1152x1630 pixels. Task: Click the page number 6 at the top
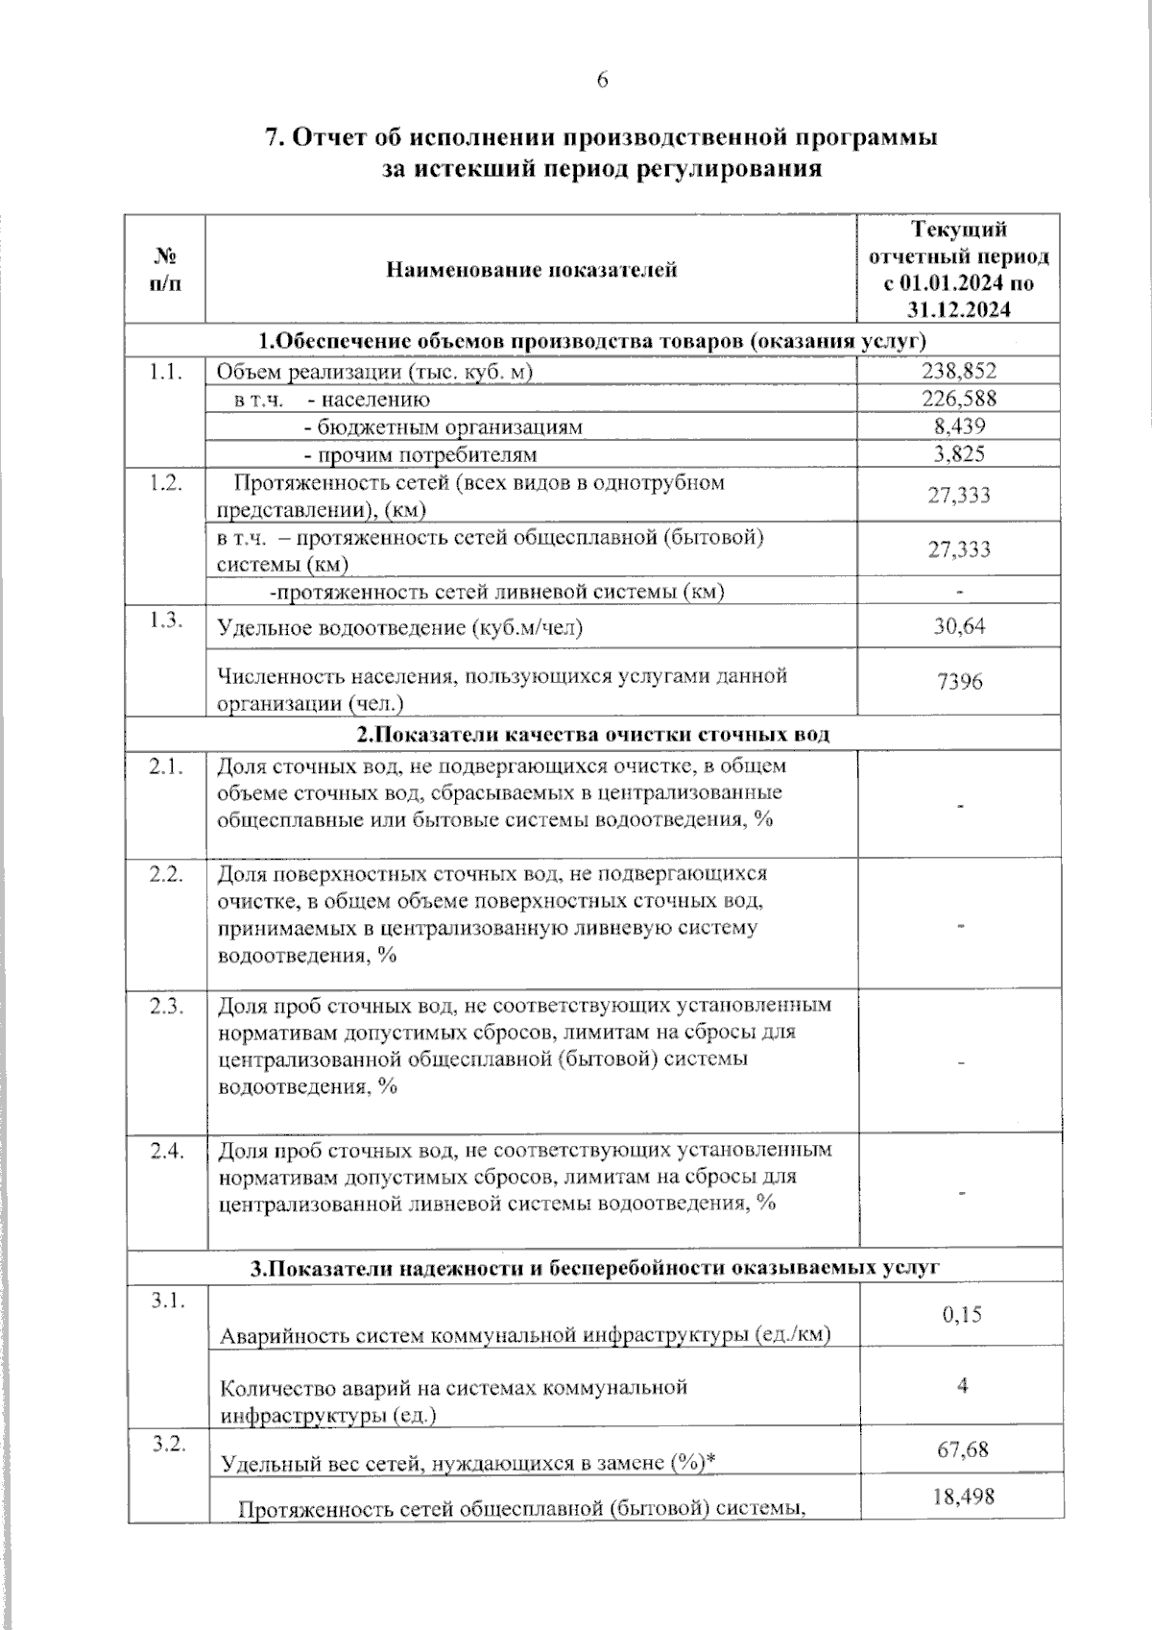tap(602, 81)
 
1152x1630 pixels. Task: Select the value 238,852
tap(959, 371)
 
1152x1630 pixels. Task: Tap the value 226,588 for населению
tap(959, 399)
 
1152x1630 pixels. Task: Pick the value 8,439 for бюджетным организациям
tap(959, 426)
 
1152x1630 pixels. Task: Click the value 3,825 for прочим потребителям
tap(959, 454)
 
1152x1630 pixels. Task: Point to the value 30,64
tap(959, 626)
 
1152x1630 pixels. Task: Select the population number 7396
tap(959, 682)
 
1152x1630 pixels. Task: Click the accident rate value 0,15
tap(961, 1314)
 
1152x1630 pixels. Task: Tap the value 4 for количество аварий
tap(962, 1385)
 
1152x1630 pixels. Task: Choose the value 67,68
tap(962, 1448)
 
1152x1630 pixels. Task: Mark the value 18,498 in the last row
tap(962, 1496)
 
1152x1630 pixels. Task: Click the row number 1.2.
tap(166, 483)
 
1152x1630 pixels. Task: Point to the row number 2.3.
tap(166, 1007)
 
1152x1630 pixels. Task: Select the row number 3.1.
tap(166, 1300)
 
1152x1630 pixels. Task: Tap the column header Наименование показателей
tap(531, 270)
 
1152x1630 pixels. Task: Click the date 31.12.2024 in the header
tap(958, 309)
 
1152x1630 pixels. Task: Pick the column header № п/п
tap(165, 270)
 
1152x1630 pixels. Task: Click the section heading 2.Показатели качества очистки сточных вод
tap(592, 735)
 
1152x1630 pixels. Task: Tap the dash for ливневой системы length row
tap(960, 592)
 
